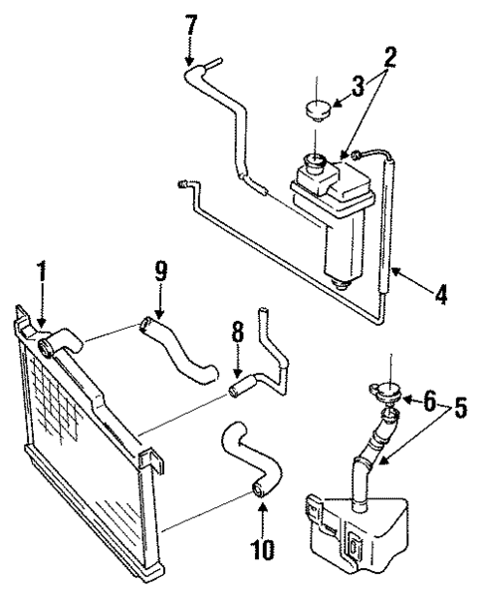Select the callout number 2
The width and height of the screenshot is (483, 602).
tap(390, 57)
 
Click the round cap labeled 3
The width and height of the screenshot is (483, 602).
tap(319, 109)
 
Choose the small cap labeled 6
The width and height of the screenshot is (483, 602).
tap(385, 396)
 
